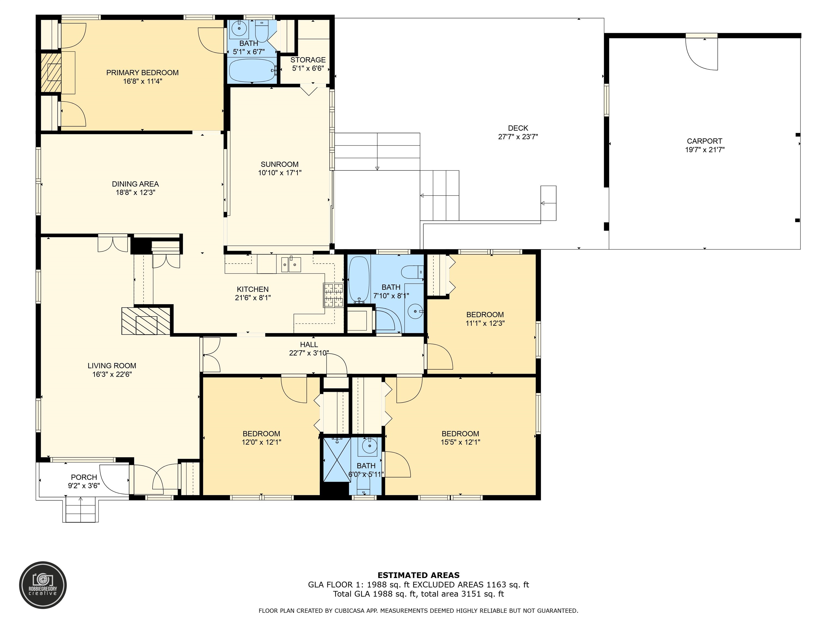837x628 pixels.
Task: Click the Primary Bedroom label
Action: pos(142,73)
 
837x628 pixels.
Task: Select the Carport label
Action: pos(705,141)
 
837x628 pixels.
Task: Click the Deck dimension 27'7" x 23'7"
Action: pos(518,137)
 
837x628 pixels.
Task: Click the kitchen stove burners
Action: pos(333,295)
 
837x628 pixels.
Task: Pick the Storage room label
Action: pos(308,60)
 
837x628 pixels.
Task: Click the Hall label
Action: pos(309,345)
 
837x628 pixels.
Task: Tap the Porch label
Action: pos(84,477)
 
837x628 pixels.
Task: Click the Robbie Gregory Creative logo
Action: pos(43,585)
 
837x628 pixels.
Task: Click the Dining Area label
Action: pos(135,184)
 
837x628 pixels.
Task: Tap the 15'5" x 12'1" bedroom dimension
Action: pos(460,442)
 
